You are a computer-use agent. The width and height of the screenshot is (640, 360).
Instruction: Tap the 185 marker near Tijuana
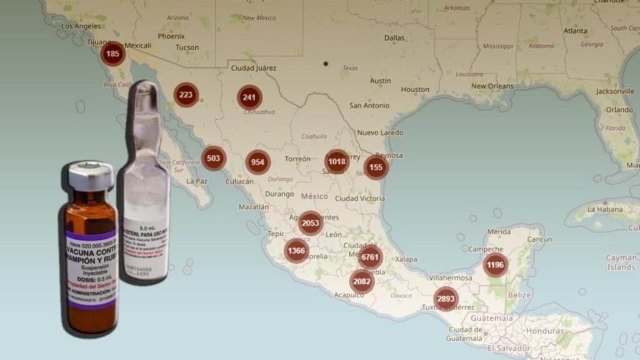click(x=113, y=54)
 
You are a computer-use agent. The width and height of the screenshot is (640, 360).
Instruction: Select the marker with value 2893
click(x=446, y=299)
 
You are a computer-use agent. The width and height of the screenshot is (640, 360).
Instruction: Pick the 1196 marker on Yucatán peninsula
click(x=495, y=265)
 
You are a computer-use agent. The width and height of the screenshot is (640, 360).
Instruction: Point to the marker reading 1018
click(x=337, y=161)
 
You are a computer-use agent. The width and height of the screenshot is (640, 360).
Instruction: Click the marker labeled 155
click(x=376, y=167)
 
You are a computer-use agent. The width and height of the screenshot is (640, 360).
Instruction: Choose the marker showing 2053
click(x=311, y=223)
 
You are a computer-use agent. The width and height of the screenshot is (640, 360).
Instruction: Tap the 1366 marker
click(x=297, y=251)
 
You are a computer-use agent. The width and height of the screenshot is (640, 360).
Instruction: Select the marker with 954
click(x=257, y=162)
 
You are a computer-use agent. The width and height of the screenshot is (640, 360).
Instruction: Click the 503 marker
click(x=214, y=158)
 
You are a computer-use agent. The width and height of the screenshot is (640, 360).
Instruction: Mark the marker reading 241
click(x=249, y=97)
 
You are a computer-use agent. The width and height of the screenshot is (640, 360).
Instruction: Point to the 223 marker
click(x=186, y=95)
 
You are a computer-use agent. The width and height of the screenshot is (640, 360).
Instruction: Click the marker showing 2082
click(x=362, y=281)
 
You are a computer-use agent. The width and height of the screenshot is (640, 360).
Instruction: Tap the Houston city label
click(x=415, y=89)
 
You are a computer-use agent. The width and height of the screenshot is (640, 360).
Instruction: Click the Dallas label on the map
click(x=394, y=37)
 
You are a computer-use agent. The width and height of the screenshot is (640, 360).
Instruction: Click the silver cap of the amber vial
click(x=91, y=176)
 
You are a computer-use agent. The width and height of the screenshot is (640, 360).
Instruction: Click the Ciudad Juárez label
click(x=254, y=67)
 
